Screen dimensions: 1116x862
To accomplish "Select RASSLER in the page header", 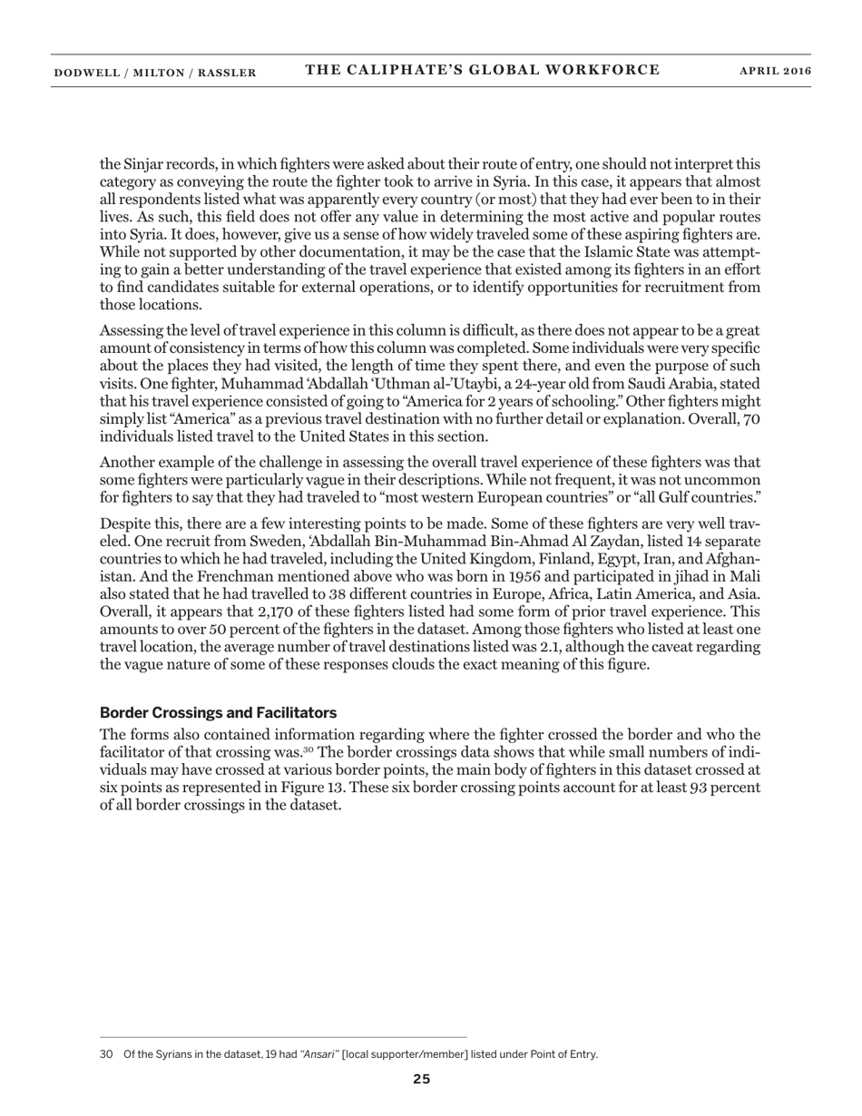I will click(228, 73).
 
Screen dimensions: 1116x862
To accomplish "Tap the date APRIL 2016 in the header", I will click(775, 72).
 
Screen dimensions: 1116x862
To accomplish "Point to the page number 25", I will click(422, 1079).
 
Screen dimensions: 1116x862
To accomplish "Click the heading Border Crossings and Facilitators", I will click(218, 712).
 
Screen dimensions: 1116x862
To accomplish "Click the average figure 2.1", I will click(531, 646).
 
